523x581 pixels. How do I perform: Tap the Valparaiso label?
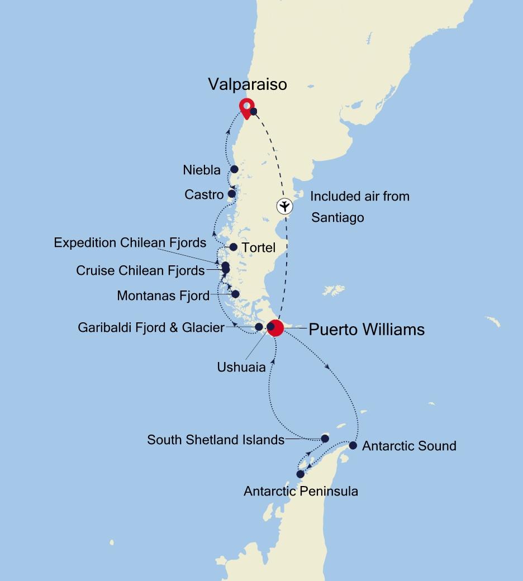pos(248,84)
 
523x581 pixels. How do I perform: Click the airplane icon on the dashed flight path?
pos(285,206)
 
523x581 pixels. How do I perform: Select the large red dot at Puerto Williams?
pos(275,328)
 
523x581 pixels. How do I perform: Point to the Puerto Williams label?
pos(367,329)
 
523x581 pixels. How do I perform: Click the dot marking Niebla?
pos(235,169)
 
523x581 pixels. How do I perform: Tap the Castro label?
pos(204,194)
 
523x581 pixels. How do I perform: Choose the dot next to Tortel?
pos(234,247)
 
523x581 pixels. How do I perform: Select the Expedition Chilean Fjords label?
pos(130,242)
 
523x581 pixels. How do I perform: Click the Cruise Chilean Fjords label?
pos(140,270)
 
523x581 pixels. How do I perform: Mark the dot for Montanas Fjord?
pos(235,294)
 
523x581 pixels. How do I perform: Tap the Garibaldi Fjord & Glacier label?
pos(151,327)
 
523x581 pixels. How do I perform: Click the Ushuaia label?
pos(241,367)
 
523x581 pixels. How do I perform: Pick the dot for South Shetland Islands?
pos(325,439)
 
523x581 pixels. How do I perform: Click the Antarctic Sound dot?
pos(353,445)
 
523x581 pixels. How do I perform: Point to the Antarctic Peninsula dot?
pos(300,474)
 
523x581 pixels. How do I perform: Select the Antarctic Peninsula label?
pos(301,491)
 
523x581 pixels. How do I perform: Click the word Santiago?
pos(337,217)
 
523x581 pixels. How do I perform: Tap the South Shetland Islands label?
pos(216,440)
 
